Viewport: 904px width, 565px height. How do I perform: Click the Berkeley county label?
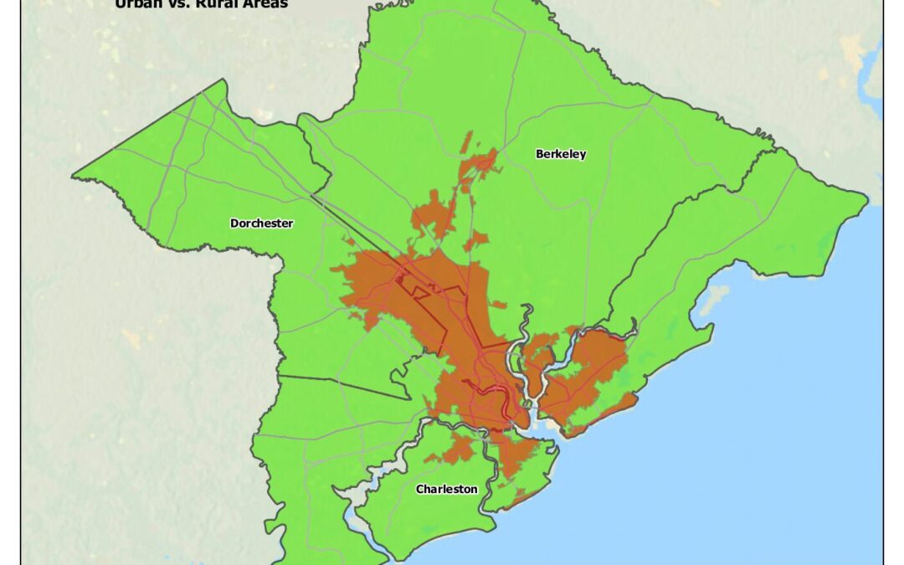pos(561,154)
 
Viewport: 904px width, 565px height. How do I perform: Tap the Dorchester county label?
pos(261,223)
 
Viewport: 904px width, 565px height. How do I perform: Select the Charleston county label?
pos(447,490)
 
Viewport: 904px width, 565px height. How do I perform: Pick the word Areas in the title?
pos(265,4)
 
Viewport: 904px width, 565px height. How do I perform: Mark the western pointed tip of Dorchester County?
pos(74,176)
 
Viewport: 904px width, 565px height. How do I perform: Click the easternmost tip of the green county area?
pos(867,199)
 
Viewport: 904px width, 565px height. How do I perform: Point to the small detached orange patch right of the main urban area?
pos(497,304)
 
